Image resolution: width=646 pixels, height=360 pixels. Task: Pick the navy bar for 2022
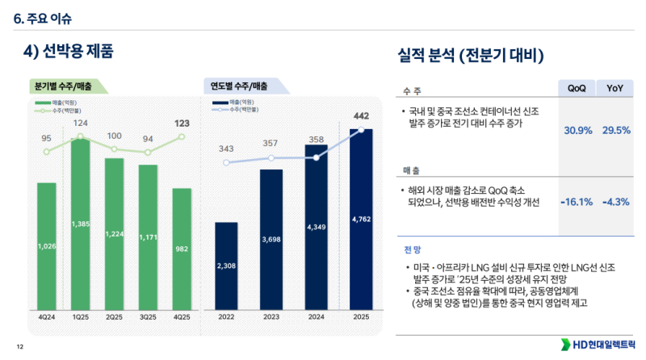pos(226,266)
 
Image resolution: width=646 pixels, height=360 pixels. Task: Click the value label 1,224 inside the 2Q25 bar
pos(115,233)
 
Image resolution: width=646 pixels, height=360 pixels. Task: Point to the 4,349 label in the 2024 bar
pos(316,228)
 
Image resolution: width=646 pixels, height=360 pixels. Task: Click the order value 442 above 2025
pos(361,116)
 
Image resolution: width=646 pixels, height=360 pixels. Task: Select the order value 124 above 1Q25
pos(81,123)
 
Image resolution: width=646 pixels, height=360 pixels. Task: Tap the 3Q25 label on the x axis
pos(149,317)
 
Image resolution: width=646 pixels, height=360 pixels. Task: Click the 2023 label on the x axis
pos(271,317)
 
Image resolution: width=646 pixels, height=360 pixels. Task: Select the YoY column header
pos(617,89)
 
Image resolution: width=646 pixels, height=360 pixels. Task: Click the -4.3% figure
pos(615,202)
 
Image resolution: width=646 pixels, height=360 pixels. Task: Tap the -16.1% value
pos(576,202)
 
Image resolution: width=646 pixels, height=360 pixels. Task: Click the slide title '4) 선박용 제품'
pos(68,51)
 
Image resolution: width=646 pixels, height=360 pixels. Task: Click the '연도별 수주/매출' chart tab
pos(241,86)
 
